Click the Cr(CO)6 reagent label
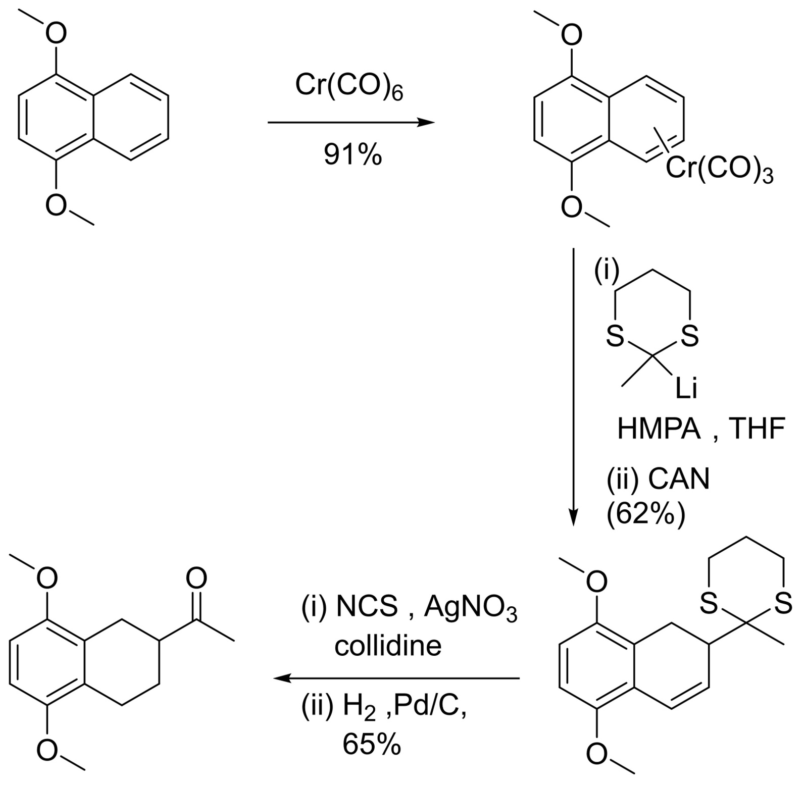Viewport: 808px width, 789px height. (x=349, y=86)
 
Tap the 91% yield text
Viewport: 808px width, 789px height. (x=353, y=155)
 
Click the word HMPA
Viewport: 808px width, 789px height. (x=659, y=430)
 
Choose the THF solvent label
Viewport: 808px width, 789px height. (x=757, y=430)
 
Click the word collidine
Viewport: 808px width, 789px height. (x=388, y=646)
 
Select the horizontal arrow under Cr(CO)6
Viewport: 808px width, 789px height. (x=350, y=122)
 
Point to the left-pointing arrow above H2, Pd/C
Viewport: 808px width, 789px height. (x=396, y=678)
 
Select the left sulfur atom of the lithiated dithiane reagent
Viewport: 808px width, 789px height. (x=615, y=337)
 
